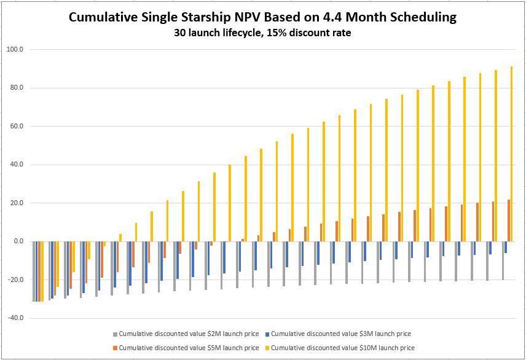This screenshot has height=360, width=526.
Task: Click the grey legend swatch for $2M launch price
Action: (115, 334)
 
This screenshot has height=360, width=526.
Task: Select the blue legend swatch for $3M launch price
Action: (267, 334)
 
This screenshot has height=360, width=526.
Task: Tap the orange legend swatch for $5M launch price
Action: (115, 348)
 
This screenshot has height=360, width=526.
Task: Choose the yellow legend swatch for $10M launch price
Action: (267, 348)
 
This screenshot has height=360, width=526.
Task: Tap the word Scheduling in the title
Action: (423, 18)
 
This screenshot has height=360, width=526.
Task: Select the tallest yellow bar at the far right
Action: (511, 154)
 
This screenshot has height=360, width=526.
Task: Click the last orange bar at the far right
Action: (508, 221)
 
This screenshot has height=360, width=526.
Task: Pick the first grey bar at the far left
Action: (34, 271)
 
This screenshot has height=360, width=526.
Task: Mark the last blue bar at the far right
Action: (505, 247)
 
